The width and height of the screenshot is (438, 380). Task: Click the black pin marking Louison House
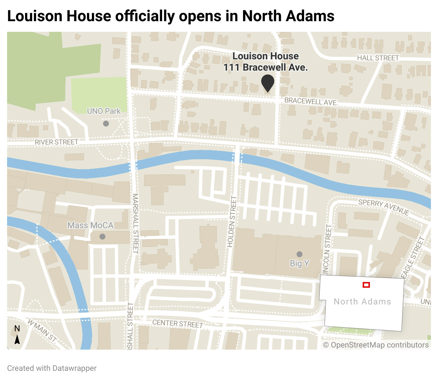point(268,83)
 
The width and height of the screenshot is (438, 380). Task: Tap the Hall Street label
point(378,58)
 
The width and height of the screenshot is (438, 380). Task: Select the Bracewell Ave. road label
point(311,101)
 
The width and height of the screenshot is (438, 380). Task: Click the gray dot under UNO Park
point(106,124)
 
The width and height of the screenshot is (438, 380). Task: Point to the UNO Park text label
point(104,111)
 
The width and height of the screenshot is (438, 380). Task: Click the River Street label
point(57,142)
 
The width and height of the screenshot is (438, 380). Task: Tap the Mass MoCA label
point(90,225)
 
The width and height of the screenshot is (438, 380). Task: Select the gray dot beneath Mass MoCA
point(102,237)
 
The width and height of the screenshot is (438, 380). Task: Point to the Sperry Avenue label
point(384,207)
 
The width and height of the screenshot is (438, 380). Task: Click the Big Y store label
point(300,263)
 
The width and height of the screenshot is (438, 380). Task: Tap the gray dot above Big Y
point(300,254)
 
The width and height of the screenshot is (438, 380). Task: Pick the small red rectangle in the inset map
point(366,285)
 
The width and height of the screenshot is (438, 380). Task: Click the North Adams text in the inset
point(362,302)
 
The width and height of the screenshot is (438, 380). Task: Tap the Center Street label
point(178,323)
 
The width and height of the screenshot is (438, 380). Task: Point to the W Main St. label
point(42,331)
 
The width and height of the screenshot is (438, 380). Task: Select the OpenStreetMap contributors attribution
point(376,345)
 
